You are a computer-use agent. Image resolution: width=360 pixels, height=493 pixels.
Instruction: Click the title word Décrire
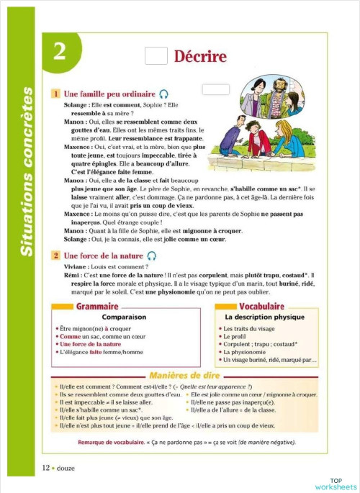tap(199, 56)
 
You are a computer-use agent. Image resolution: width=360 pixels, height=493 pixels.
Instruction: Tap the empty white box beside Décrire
tap(156, 56)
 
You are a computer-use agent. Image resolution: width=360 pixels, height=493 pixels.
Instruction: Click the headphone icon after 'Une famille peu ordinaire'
tap(165, 94)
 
